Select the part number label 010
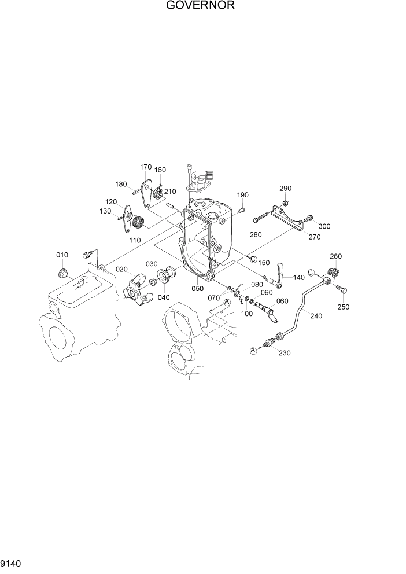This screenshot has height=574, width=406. [62, 255]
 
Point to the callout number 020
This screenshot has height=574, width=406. [121, 269]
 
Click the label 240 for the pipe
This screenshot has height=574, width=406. [316, 316]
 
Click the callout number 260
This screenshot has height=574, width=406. [336, 256]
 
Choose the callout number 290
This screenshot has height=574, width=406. [286, 188]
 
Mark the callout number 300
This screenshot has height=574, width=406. [324, 226]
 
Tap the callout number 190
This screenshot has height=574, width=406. [242, 194]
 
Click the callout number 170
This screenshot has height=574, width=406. [146, 167]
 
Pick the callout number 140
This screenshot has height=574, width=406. [298, 278]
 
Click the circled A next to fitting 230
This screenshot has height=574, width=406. [253, 350]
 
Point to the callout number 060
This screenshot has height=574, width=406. [282, 301]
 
